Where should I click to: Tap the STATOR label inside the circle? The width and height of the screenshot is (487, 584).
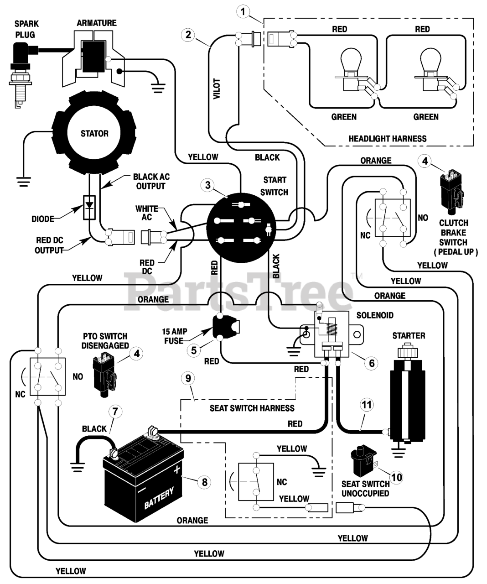pyautogui.click(x=94, y=133)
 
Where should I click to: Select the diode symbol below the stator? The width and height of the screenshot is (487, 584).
pyautogui.click(x=89, y=207)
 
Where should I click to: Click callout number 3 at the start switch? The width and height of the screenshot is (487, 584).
pyautogui.click(x=208, y=185)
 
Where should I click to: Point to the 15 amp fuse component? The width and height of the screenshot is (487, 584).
pyautogui.click(x=226, y=327)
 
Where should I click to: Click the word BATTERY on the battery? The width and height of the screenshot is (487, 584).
pyautogui.click(x=159, y=498)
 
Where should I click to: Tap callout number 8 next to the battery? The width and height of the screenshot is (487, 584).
pyautogui.click(x=205, y=482)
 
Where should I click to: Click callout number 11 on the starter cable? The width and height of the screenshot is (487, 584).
pyautogui.click(x=367, y=404)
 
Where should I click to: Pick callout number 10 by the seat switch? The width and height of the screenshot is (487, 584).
pyautogui.click(x=397, y=477)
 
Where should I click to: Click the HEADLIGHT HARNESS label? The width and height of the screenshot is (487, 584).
pyautogui.click(x=388, y=139)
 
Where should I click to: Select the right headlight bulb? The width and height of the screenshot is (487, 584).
pyautogui.click(x=431, y=69)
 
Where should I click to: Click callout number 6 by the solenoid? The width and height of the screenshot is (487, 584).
pyautogui.click(x=372, y=363)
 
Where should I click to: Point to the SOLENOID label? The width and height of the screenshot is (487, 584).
pyautogui.click(x=375, y=315)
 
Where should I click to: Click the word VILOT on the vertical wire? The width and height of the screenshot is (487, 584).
pyautogui.click(x=217, y=89)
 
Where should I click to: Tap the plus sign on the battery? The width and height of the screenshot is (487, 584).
pyautogui.click(x=176, y=469)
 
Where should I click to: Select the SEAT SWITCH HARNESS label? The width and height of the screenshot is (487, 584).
pyautogui.click(x=252, y=408)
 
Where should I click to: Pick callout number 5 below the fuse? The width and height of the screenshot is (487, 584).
pyautogui.click(x=194, y=350)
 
